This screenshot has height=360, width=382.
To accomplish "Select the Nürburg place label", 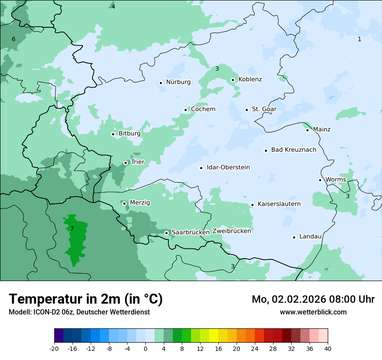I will pos(178,82).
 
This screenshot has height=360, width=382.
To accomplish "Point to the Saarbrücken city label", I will pos(191,232).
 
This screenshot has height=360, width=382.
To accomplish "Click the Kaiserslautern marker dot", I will pos(252,205).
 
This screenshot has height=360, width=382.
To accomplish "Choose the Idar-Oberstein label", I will pos(228,167).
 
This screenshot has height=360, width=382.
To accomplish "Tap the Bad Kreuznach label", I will pos(293,150).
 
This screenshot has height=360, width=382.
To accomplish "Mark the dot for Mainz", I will pos(307,130).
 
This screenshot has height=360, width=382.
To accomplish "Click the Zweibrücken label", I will pos(231,231).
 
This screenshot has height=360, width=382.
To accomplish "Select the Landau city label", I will pos(310,237).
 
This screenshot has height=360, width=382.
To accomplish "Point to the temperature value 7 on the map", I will pos(72,229).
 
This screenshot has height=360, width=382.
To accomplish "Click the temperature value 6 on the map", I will pos(13,39).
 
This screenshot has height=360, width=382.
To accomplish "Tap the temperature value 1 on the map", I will pos(359,39).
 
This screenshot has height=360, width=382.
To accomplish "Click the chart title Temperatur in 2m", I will pos(86,299).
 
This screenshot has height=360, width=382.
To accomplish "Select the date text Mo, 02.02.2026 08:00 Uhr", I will pos(313,299).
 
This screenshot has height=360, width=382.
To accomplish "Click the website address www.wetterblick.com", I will pos(313,312).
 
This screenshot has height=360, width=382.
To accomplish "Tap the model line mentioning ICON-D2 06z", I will pos(79,312).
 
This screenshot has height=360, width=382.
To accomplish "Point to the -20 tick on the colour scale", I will pos(54,348).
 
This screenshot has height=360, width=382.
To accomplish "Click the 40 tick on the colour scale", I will pos(328,348).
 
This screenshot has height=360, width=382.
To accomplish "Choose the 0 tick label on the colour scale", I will pos(145,348).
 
